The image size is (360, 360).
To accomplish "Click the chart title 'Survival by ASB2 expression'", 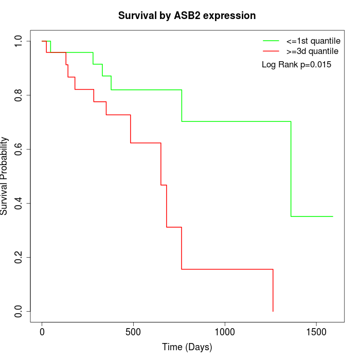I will click(x=187, y=15).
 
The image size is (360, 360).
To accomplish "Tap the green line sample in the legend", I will click(x=271, y=40).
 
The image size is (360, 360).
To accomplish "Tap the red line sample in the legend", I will click(x=271, y=51).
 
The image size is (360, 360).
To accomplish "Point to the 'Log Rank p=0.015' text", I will click(x=296, y=65).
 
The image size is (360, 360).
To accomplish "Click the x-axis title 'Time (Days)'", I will click(x=187, y=347).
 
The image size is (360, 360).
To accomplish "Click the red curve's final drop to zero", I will click(x=273, y=291).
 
